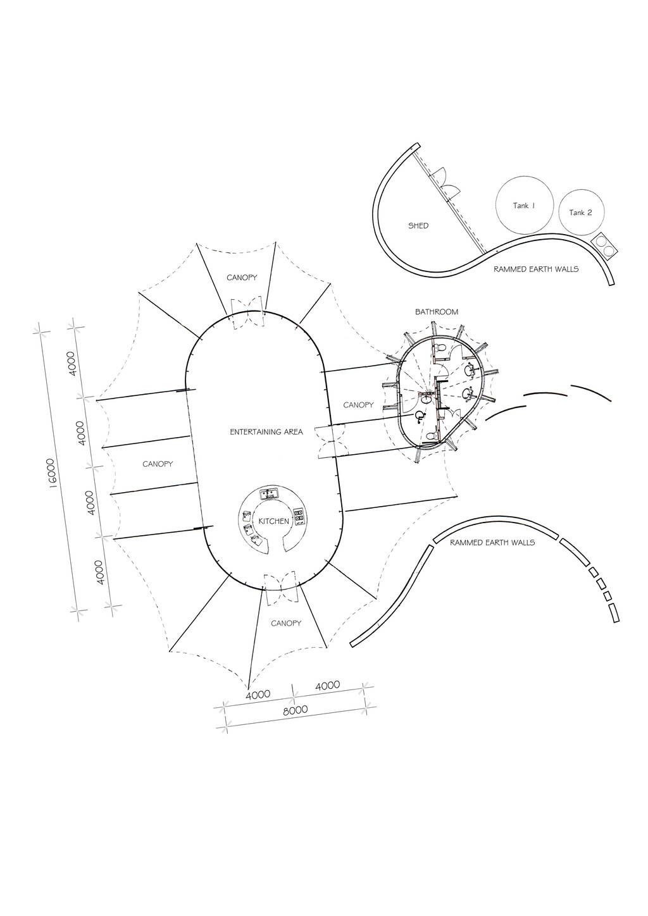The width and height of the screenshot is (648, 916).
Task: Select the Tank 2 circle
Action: coord(581,213)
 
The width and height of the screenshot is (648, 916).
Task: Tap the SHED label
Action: coord(418,225)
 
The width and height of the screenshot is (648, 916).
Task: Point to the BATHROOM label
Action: coord(437,312)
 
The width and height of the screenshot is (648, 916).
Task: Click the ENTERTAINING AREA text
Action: coord(266,432)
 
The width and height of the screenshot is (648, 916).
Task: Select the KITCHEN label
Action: coord(274,521)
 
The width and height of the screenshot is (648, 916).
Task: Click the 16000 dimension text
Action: coord(52,473)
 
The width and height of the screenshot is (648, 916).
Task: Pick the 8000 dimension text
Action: coord(296,710)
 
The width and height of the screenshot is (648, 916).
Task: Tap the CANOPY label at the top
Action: coord(242,278)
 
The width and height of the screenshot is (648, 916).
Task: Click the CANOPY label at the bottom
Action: coord(286,623)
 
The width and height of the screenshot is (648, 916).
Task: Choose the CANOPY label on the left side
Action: coord(158,464)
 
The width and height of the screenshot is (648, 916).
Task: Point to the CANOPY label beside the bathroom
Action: coord(358,405)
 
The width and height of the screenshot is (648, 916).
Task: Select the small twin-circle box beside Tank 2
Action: coord(604,245)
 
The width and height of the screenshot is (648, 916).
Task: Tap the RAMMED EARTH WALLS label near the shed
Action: coord(536,269)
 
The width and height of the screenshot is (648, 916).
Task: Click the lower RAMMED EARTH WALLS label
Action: coord(492,543)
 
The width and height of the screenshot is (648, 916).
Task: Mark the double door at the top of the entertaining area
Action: coord(247,313)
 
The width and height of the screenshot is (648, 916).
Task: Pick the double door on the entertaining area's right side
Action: coord(330,441)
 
